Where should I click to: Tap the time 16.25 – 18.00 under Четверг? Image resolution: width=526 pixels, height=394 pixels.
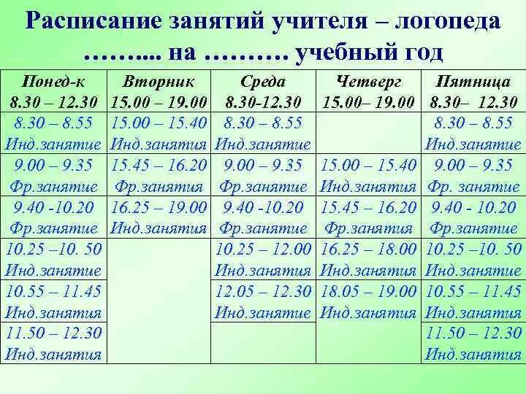point(368,249)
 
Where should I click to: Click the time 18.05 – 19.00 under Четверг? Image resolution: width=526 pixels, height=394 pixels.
point(368,292)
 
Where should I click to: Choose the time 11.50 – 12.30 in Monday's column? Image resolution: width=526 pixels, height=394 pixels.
point(53,334)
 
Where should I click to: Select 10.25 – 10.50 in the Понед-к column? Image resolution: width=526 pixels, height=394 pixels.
point(53,249)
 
